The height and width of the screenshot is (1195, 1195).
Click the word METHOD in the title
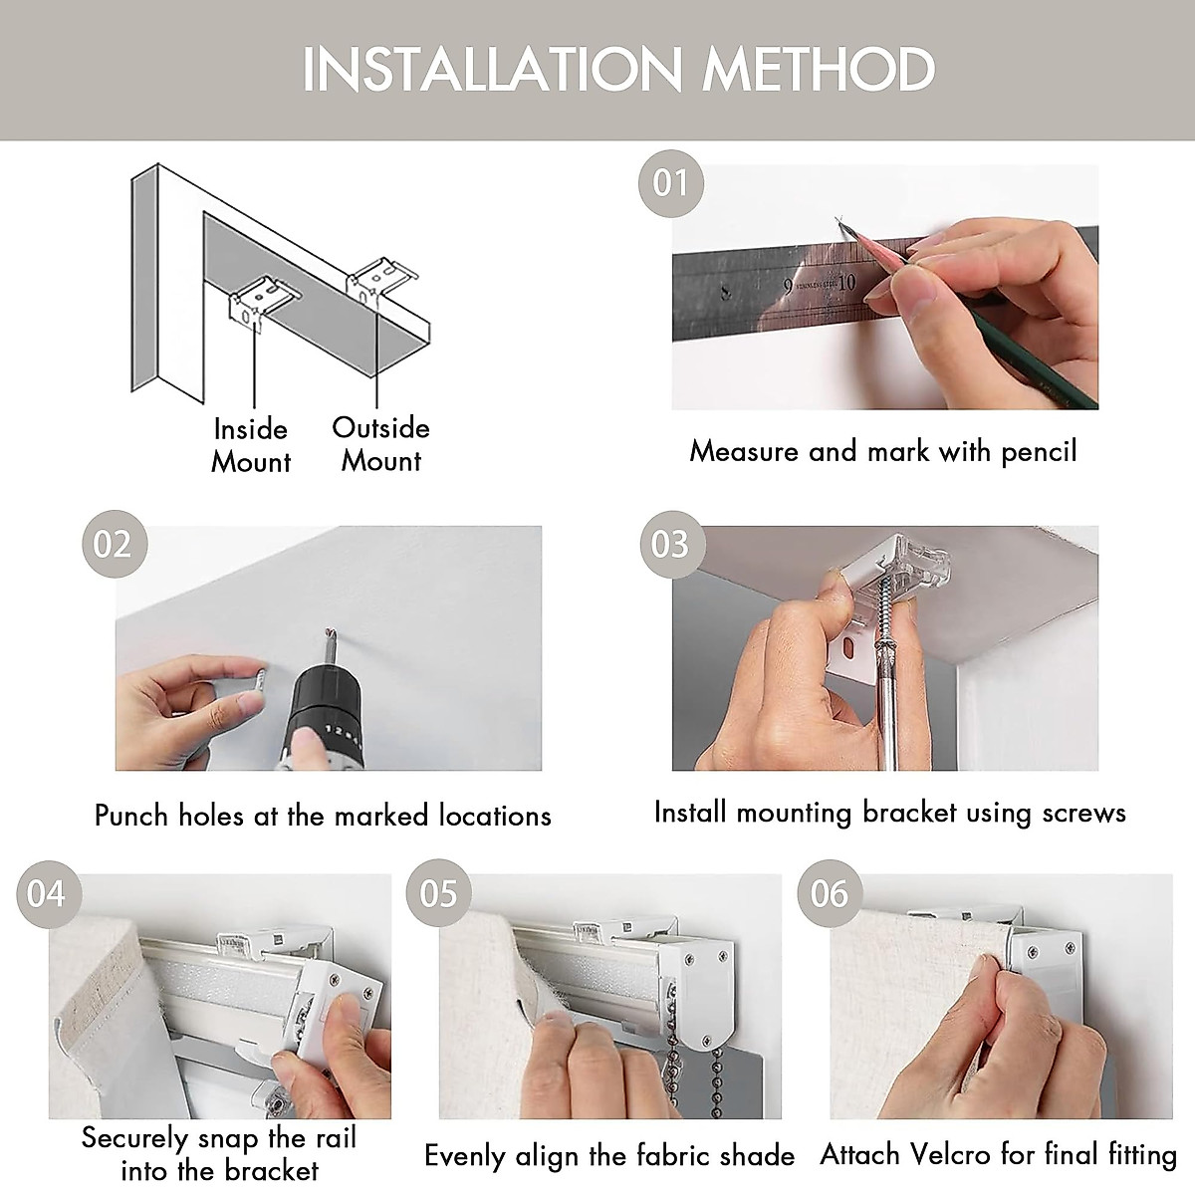pos(819,69)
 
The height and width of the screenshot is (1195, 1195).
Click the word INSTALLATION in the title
pos(492,69)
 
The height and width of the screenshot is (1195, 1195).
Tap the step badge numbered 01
pos(671,183)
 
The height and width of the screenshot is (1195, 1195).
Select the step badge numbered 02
pos(115,544)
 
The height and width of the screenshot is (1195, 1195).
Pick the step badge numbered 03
pos(672,544)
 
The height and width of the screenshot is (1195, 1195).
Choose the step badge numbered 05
pos(439,893)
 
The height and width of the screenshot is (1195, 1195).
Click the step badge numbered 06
pos(830,893)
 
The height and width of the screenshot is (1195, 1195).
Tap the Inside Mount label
pos(251,446)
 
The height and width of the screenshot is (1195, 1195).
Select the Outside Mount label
pos(380,444)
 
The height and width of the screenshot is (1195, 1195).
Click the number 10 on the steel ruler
pos(846,283)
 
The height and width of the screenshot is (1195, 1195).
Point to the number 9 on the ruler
pos(787,287)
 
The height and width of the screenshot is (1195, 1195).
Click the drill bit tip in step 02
pos(330,632)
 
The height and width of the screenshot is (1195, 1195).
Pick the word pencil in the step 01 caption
pos(1040,452)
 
